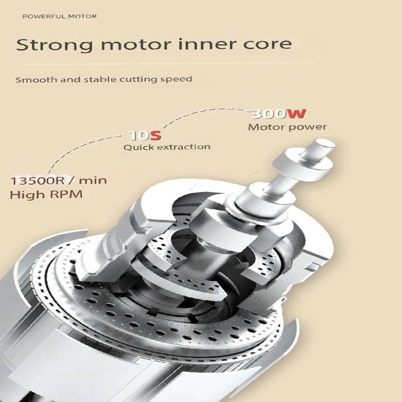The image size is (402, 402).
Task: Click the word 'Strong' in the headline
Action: point(54,45)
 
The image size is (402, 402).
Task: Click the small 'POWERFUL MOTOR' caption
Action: point(59,17)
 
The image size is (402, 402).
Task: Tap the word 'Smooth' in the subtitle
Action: point(36,79)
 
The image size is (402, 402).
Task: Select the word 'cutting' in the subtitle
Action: point(130,79)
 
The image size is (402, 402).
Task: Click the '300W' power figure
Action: point(279,114)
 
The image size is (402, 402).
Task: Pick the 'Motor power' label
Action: point(287,127)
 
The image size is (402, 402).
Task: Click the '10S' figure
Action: point(146,136)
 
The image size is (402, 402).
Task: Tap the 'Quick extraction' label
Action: point(167,147)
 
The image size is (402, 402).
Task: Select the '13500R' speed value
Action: point(39,181)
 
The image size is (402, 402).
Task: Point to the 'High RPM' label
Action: point(46,194)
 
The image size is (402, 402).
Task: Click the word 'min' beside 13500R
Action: point(92,180)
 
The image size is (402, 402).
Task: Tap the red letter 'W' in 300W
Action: point(296,114)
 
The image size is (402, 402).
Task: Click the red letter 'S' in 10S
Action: point(155,136)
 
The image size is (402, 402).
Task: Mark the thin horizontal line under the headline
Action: point(167,63)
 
